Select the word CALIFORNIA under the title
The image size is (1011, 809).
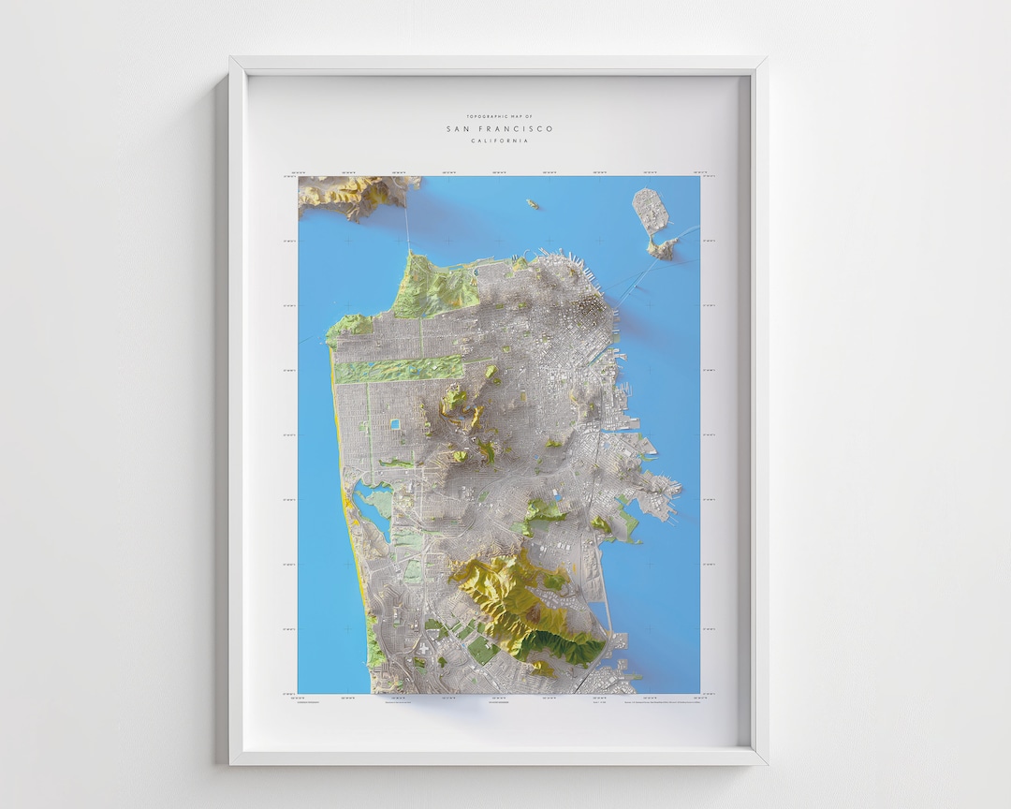pos(499,140)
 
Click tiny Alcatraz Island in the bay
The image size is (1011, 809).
pos(533,203)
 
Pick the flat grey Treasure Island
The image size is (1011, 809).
pos(651,211)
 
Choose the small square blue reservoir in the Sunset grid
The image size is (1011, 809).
pos(396,424)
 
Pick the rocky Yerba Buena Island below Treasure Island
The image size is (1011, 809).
pos(664,247)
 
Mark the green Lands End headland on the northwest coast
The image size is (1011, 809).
pos(348,326)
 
